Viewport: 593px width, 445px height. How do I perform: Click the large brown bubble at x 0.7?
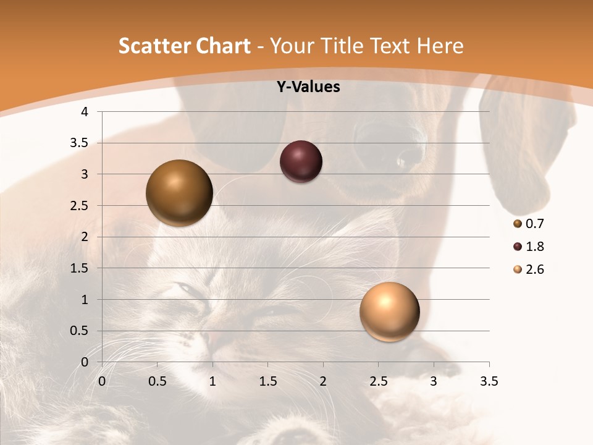pyautogui.click(x=179, y=193)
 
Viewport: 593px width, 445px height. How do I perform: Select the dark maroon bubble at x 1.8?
pyautogui.click(x=301, y=162)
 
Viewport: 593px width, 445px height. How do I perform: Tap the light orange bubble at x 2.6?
pyautogui.click(x=389, y=311)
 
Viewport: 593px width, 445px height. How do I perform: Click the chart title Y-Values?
pyautogui.click(x=308, y=87)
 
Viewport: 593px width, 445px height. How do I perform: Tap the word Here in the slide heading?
pyautogui.click(x=440, y=46)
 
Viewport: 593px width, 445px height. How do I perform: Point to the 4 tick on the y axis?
pyautogui.click(x=85, y=112)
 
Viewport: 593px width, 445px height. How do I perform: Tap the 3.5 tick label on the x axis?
pyautogui.click(x=489, y=381)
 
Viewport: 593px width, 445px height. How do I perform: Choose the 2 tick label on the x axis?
pyautogui.click(x=323, y=381)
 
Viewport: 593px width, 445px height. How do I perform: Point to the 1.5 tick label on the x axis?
pyautogui.click(x=267, y=381)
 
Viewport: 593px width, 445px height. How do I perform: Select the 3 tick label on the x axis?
pyautogui.click(x=434, y=381)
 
